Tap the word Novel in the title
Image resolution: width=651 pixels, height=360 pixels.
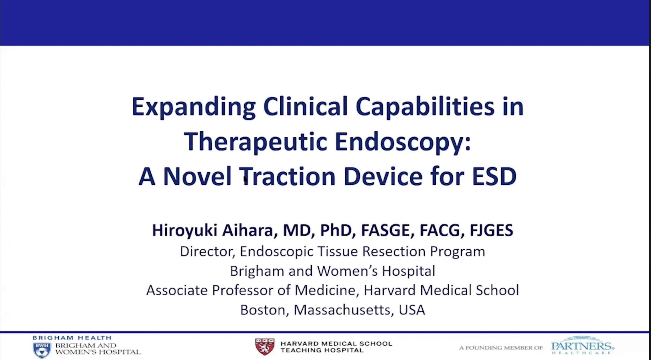coord(197,176)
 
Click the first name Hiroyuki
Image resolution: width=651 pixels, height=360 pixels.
coord(185,230)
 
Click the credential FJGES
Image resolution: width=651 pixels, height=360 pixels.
coord(491,230)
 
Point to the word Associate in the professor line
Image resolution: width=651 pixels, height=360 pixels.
coord(177,290)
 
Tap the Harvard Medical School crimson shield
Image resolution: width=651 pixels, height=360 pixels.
coord(265,347)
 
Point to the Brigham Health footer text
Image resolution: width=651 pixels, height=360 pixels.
coord(72,338)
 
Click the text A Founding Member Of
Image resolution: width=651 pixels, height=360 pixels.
coord(501,348)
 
